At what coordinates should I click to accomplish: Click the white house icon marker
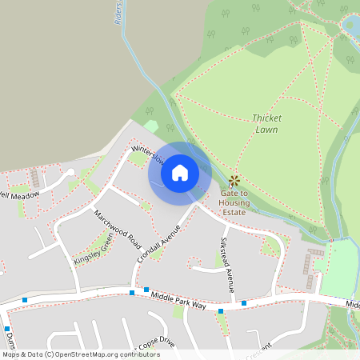pyautogui.click(x=180, y=172)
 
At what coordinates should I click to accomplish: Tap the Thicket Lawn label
pyautogui.click(x=267, y=122)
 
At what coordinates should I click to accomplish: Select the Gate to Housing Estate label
pyautogui.click(x=234, y=203)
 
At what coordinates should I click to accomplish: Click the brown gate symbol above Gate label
pyautogui.click(x=234, y=181)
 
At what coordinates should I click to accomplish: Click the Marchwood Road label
pyautogui.click(x=118, y=230)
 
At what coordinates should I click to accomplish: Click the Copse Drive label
pyautogui.click(x=156, y=342)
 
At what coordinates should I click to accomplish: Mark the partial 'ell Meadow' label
pyautogui.click(x=20, y=194)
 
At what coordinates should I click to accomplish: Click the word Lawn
pyautogui.click(x=267, y=129)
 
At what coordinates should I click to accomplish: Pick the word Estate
pyautogui.click(x=234, y=213)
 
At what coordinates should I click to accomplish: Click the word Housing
pyautogui.click(x=234, y=203)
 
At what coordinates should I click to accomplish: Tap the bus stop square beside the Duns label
pyautogui.click(x=6, y=329)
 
